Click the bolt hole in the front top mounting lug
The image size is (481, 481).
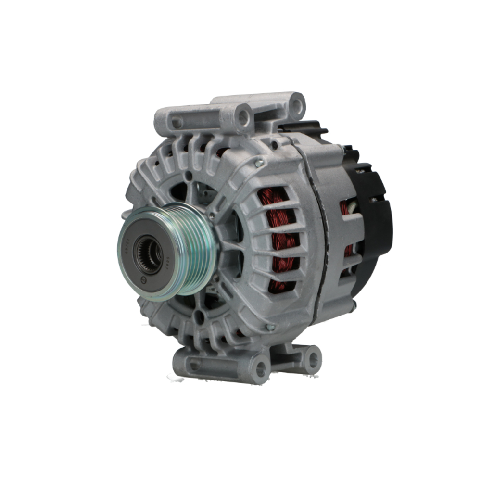point(243,116)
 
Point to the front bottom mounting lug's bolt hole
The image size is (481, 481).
point(260,369)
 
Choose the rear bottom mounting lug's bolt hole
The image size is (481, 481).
point(313,358)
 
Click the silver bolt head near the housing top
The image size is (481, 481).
point(260,164)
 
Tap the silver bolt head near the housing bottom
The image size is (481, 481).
point(270,327)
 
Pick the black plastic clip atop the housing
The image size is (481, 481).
point(303,127)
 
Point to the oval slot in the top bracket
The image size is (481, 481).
point(177,123)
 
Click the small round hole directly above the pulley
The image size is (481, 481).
point(189,176)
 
